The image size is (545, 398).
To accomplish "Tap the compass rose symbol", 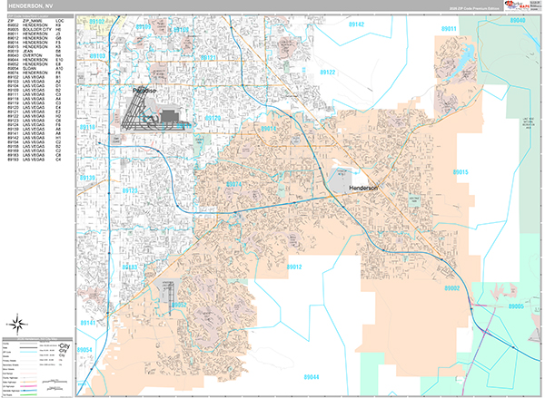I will click(17, 324).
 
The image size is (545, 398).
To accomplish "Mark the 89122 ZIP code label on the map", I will click(328, 72).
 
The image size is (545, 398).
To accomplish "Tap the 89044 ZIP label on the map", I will click(312, 375).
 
